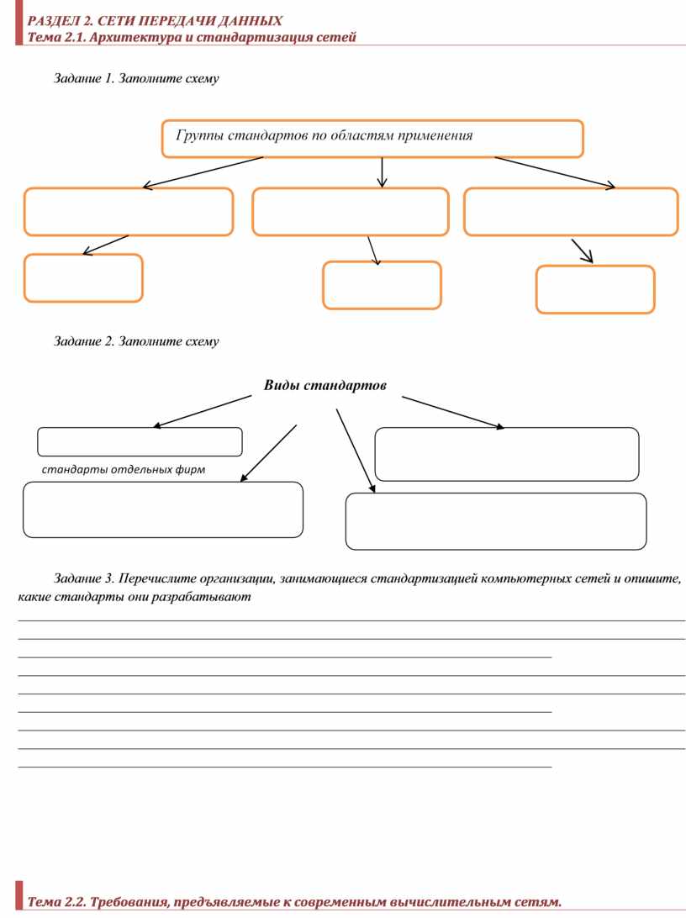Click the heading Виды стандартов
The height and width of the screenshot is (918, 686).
[325, 385]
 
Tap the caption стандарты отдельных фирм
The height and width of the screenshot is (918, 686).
[124, 469]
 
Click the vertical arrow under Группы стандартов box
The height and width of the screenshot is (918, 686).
[383, 172]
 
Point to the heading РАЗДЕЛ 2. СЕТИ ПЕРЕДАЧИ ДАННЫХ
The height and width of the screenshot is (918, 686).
[156, 21]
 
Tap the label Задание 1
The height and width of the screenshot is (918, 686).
[84, 78]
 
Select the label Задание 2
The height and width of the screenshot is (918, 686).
[84, 341]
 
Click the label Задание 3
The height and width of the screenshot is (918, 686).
[84, 578]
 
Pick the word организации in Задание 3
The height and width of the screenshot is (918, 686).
[237, 579]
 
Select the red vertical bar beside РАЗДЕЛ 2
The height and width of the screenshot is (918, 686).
[18, 22]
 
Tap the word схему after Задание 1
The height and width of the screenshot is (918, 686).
[202, 78]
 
